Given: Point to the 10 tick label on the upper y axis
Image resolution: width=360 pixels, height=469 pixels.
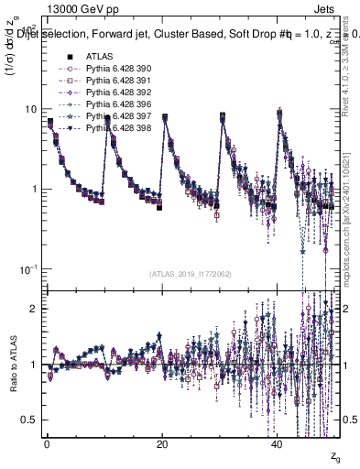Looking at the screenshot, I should (x=30, y=109).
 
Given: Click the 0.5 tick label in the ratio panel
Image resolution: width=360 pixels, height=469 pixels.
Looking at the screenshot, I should (x=28, y=420).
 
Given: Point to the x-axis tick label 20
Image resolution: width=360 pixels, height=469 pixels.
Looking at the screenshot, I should (x=162, y=442).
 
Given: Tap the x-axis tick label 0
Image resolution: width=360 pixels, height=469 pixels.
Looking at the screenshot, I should (x=47, y=442).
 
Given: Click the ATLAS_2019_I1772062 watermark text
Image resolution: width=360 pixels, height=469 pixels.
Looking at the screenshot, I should (x=191, y=274).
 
